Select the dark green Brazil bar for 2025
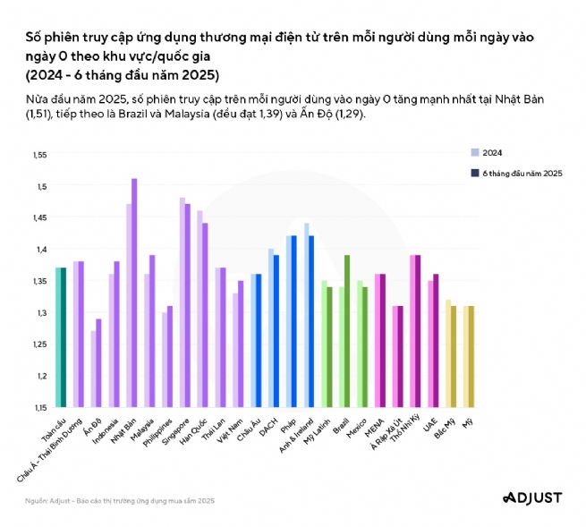point(346,331)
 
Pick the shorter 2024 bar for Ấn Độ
point(94,369)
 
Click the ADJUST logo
point(532,497)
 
